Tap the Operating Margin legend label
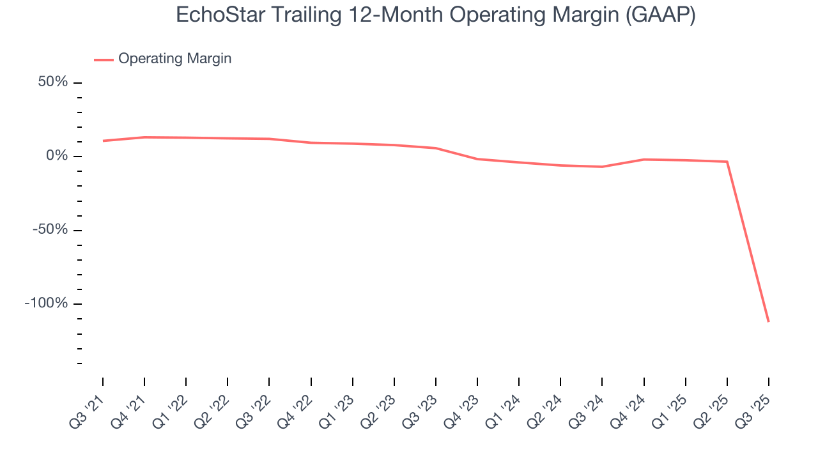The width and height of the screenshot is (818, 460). [174, 59]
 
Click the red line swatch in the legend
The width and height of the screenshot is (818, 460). [104, 59]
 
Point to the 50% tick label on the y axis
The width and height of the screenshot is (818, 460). [52, 82]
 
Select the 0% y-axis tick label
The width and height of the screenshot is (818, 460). [57, 156]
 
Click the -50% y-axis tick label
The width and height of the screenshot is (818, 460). [50, 229]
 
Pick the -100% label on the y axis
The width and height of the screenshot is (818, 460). [46, 303]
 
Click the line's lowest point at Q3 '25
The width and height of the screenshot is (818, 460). [768, 321]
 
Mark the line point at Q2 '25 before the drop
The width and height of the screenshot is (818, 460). [727, 162]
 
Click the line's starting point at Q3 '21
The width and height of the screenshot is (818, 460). [103, 141]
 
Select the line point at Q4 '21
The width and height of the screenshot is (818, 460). [144, 137]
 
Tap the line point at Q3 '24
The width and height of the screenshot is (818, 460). [602, 167]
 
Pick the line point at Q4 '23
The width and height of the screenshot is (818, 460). [477, 159]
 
